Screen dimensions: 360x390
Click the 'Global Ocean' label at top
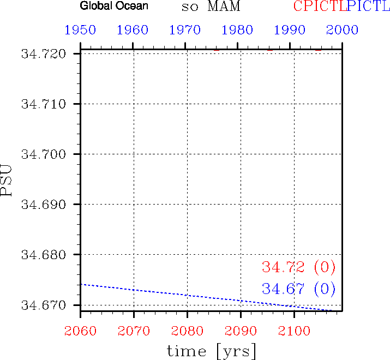point(114,7)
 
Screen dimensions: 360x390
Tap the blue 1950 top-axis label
point(80,29)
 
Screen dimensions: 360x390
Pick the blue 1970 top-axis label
point(185,29)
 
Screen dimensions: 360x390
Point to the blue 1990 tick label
point(290,29)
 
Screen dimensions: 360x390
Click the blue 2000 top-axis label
point(343,29)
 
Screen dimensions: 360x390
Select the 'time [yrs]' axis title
point(211,351)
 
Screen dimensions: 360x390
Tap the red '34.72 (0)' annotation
point(298,267)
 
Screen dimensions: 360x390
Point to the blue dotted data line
point(187,295)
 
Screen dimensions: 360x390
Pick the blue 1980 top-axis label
point(238,29)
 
